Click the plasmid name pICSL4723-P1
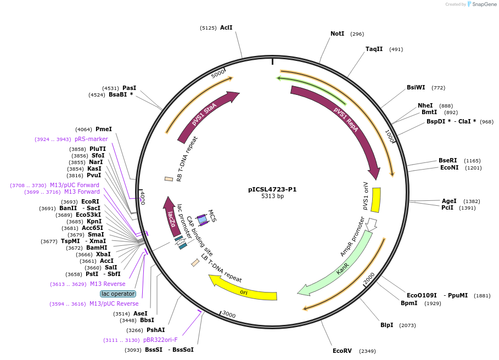(x=272, y=189)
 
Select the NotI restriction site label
(x=337, y=33)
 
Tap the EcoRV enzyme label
(x=342, y=351)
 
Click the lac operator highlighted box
(x=118, y=294)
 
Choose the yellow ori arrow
(x=244, y=291)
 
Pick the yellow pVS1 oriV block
(x=376, y=200)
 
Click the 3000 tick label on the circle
(x=228, y=315)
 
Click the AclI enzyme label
(x=226, y=27)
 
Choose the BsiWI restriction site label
(x=416, y=87)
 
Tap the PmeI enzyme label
(x=103, y=129)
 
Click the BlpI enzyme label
(x=386, y=325)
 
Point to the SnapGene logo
(x=479, y=4)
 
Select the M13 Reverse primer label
(x=108, y=284)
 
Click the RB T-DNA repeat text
(x=187, y=159)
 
